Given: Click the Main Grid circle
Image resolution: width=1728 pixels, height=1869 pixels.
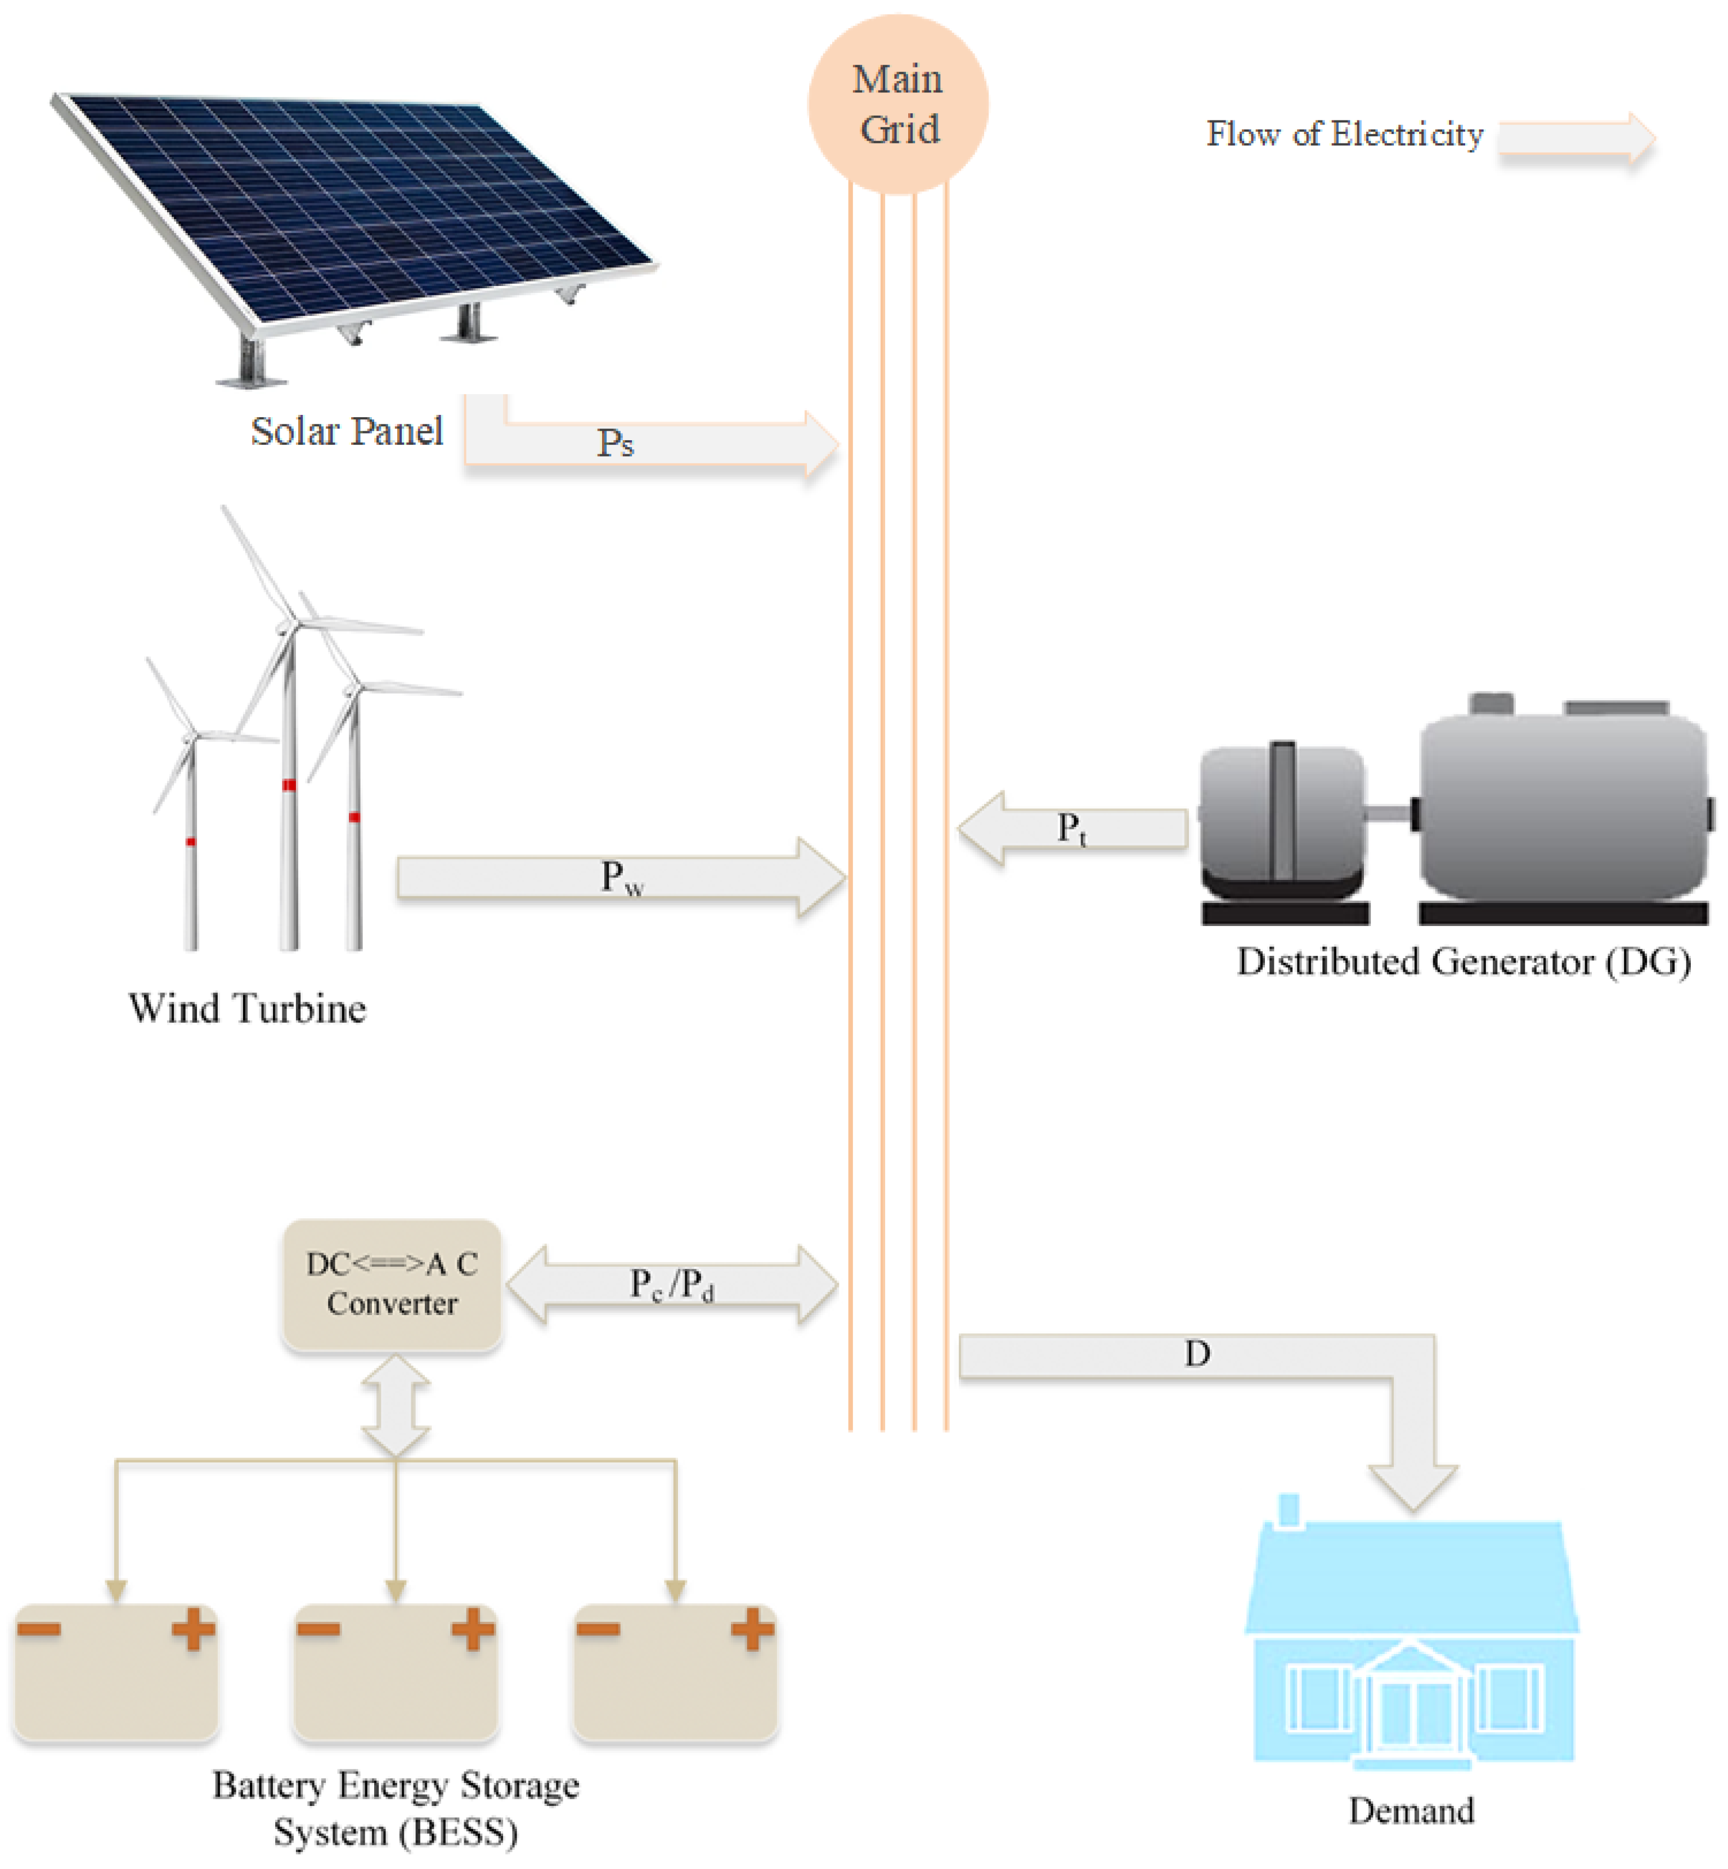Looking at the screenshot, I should (x=897, y=104).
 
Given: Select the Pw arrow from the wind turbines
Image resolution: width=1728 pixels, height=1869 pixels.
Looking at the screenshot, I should (x=622, y=878).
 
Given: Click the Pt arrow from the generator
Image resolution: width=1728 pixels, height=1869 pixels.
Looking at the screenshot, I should (x=1071, y=828).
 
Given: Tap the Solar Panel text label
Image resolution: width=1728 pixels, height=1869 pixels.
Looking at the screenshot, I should (x=346, y=431).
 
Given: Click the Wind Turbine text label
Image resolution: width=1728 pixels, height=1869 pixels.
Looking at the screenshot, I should (x=247, y=1008).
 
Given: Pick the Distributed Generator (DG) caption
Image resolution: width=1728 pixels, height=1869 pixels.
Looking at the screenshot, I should (x=1464, y=962).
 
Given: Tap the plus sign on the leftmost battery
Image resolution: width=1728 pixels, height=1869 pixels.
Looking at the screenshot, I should (x=192, y=1630).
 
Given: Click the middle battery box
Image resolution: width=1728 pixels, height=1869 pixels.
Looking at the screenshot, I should (x=396, y=1674).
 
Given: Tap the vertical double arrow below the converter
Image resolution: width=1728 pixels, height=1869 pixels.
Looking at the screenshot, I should (x=396, y=1406).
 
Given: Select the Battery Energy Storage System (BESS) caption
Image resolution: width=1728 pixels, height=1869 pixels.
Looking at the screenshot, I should (x=396, y=1807).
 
